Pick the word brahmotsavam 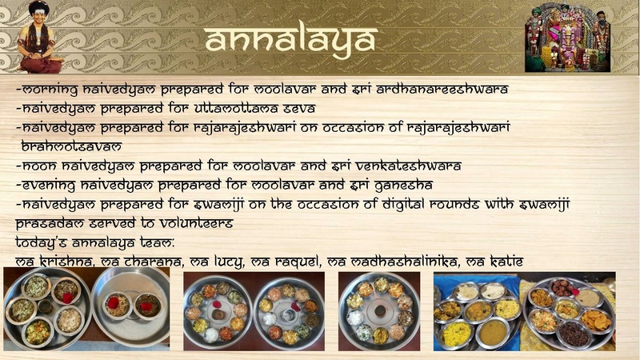click(x=71, y=147)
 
